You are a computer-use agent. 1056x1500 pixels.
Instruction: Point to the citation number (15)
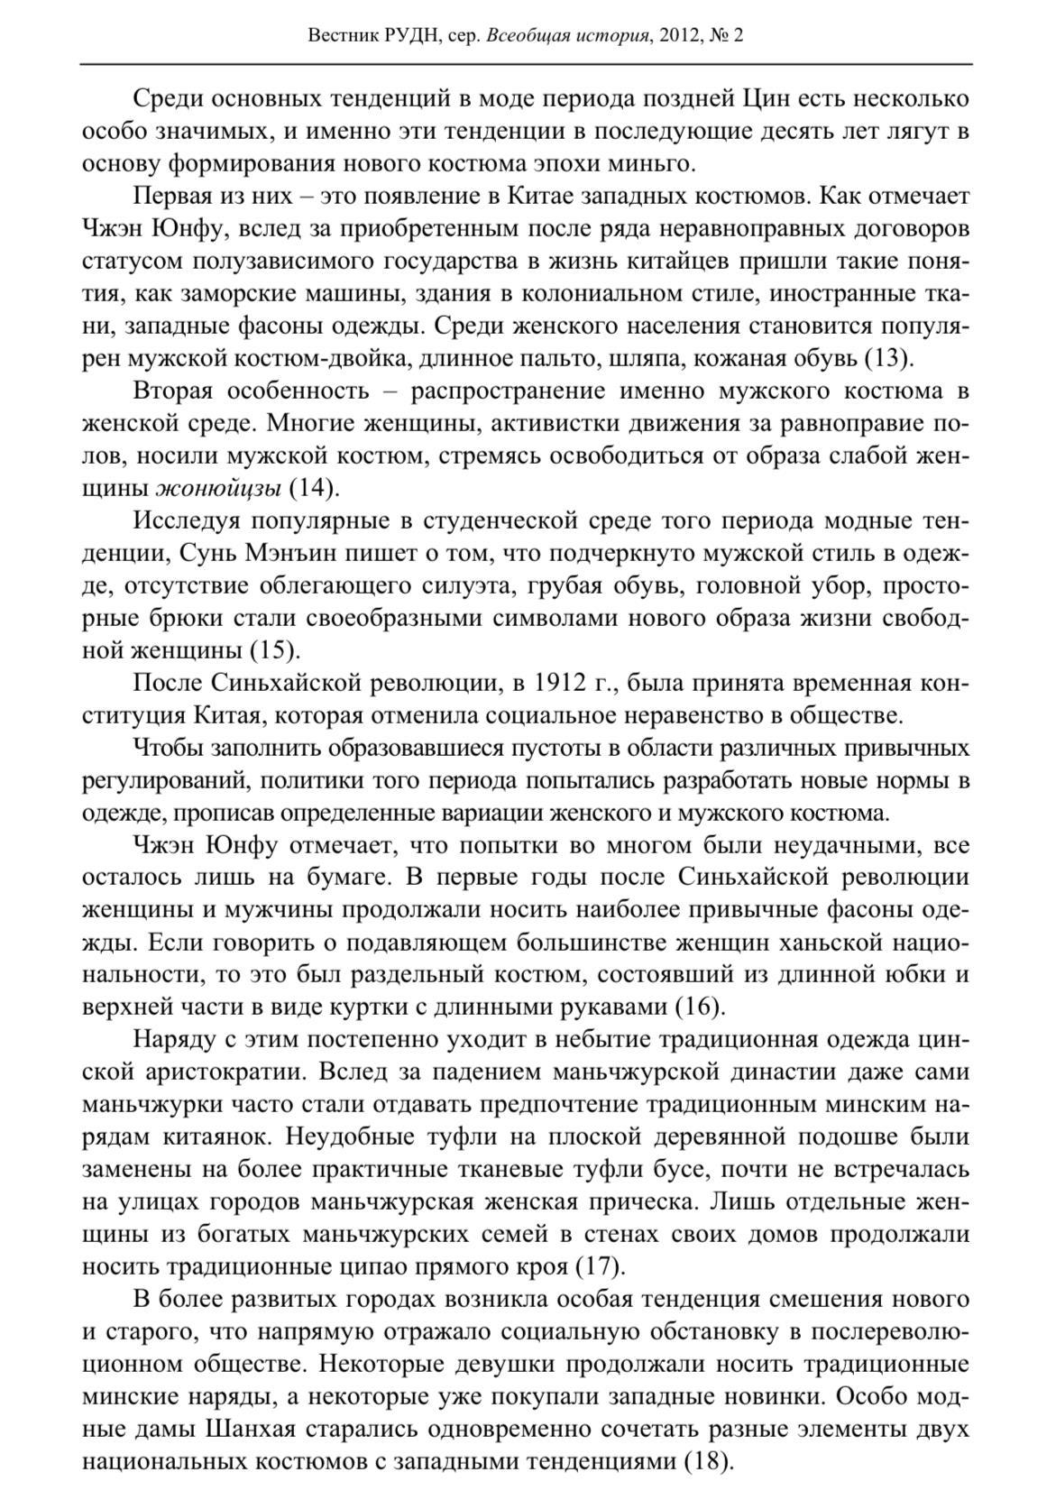(x=274, y=650)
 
